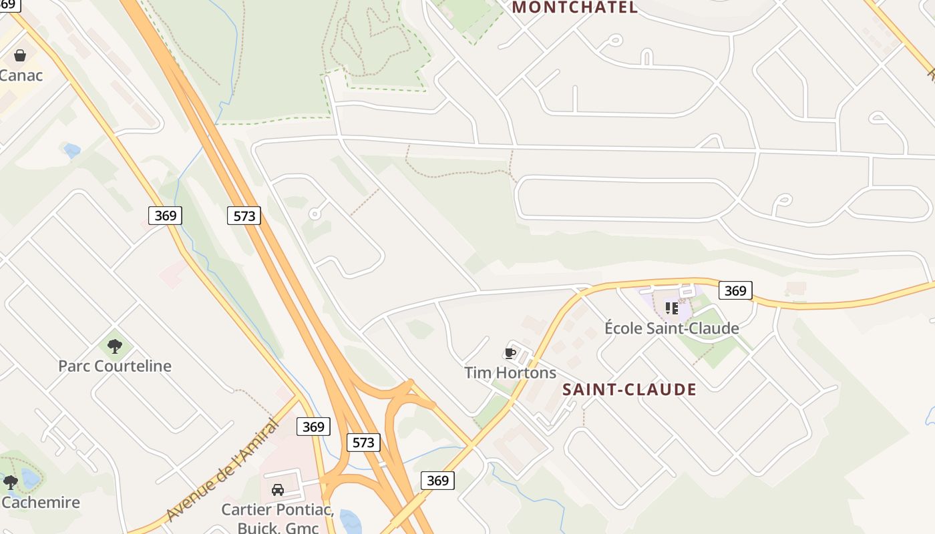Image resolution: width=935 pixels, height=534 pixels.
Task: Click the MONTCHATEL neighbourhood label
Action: [x=574, y=7]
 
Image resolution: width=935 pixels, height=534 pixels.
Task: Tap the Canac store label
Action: [x=21, y=75]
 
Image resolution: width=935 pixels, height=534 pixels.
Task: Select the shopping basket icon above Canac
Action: [x=20, y=55]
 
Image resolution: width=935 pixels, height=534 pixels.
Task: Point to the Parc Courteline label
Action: [x=115, y=366]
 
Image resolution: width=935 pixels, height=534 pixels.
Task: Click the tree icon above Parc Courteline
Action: [x=115, y=346]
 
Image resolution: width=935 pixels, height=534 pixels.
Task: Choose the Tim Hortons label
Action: [x=510, y=372]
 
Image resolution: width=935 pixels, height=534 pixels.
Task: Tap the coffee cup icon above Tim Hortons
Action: [x=510, y=353]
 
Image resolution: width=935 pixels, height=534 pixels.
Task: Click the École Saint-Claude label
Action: [x=671, y=328]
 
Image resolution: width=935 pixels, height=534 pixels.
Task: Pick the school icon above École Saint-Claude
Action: [x=671, y=308]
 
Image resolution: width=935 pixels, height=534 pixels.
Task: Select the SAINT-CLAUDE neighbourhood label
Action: [x=629, y=390]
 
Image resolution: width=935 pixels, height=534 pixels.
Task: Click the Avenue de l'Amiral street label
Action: [x=222, y=470]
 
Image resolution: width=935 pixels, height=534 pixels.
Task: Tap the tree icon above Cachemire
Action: [x=10, y=481]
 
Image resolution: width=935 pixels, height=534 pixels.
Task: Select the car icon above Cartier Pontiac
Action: [x=278, y=490]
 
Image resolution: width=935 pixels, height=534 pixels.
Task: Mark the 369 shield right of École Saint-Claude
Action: [x=735, y=290]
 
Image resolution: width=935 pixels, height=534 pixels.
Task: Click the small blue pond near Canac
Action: [x=71, y=151]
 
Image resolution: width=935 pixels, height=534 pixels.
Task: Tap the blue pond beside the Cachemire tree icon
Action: [x=30, y=478]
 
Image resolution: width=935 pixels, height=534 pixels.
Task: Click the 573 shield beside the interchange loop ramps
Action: [x=363, y=442]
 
